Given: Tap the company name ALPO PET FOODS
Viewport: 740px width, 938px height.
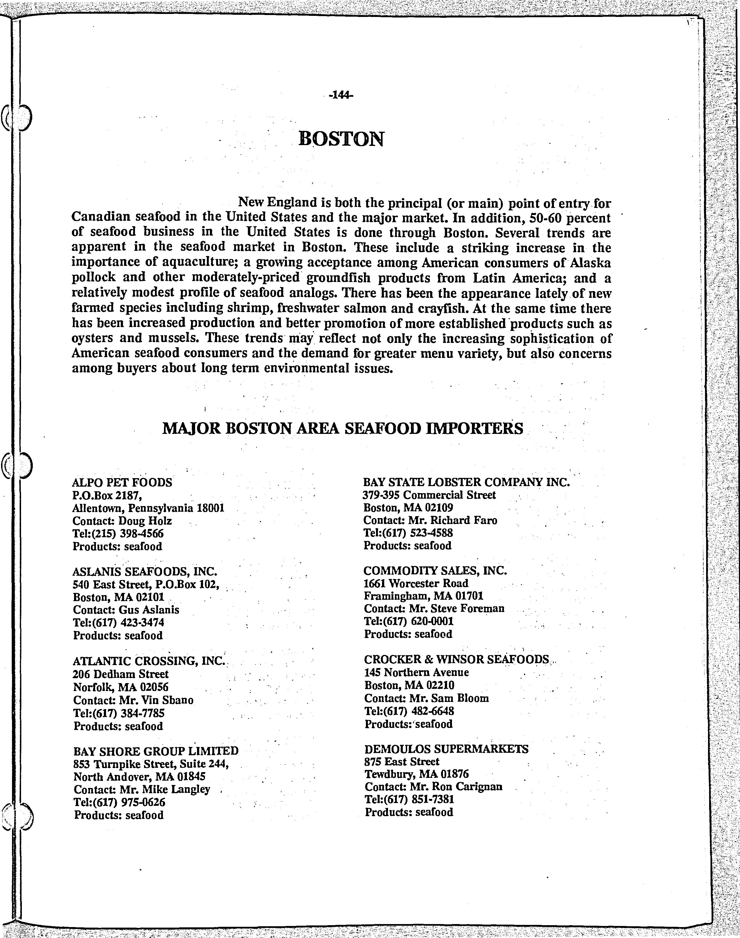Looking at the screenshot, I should tap(122, 482).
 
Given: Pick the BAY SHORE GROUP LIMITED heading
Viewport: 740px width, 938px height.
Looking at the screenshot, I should tap(156, 751).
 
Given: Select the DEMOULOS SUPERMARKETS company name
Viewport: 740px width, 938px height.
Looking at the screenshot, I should tap(446, 749).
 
